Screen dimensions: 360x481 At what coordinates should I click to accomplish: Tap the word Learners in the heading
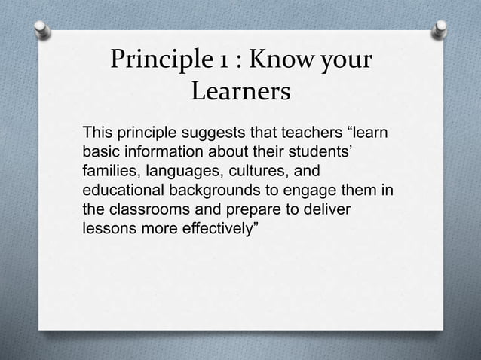tap(240, 93)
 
